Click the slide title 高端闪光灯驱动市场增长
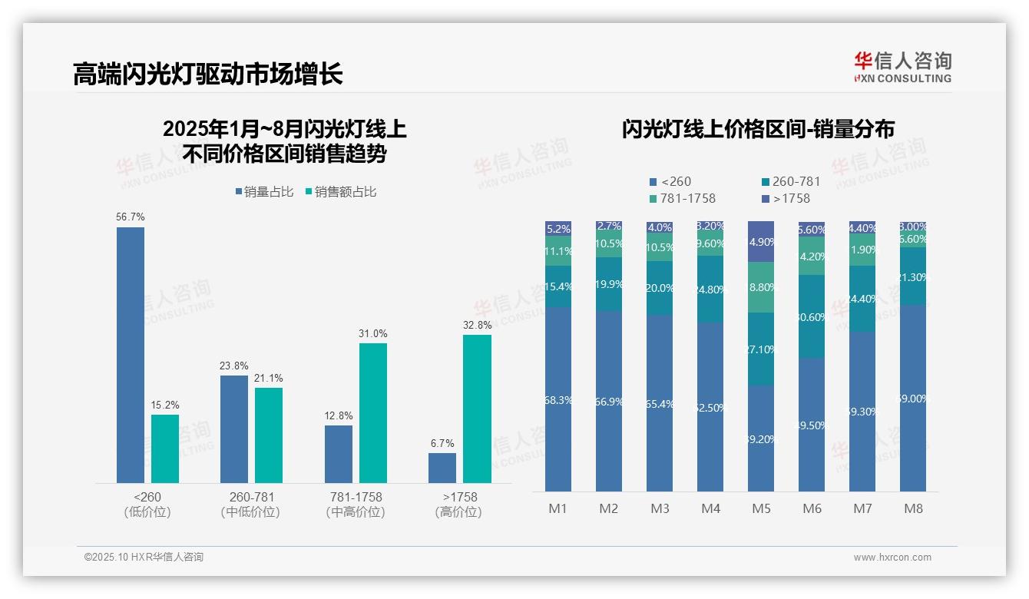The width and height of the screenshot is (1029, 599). (207, 74)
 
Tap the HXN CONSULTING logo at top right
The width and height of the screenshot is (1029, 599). (902, 67)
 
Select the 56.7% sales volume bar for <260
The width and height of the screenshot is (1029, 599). (131, 354)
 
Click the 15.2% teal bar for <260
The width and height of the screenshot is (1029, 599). (165, 448)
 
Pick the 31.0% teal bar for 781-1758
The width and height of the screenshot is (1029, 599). (373, 412)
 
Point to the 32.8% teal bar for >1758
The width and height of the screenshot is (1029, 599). (477, 409)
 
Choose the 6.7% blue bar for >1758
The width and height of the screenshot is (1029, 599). (442, 468)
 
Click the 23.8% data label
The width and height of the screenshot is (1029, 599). (234, 366)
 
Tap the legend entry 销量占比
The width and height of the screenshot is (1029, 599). (264, 192)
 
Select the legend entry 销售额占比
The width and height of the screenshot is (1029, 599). (341, 192)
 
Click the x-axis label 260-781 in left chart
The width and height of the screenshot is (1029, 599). (251, 497)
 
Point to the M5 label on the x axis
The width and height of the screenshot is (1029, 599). (761, 508)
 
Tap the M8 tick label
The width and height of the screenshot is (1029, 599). (913, 508)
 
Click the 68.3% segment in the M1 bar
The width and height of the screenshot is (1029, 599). (558, 399)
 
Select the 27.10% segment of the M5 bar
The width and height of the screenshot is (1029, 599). (761, 349)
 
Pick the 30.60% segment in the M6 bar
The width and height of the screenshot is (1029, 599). (812, 316)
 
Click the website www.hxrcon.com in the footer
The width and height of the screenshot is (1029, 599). (892, 558)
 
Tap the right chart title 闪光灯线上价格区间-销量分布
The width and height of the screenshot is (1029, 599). (758, 129)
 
